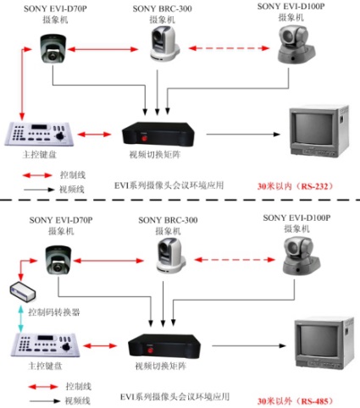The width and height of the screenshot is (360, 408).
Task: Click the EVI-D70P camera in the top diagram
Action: point(53,49)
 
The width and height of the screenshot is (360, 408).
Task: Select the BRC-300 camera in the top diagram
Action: point(164,43)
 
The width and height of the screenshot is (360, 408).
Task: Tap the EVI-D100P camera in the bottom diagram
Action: point(302,256)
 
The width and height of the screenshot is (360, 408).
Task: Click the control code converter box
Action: point(23,291)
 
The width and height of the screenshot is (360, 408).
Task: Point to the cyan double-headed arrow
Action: point(20,318)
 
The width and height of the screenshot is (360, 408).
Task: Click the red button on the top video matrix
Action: point(145,138)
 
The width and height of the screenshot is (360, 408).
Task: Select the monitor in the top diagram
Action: point(319,131)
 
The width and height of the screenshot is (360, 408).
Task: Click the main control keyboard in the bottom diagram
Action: point(45,345)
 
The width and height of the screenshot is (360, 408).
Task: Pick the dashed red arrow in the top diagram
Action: point(229,48)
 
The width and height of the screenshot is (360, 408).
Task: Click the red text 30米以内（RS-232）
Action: point(296,186)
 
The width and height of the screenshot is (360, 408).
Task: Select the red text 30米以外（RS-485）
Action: point(296,401)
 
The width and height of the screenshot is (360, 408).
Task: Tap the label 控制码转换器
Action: point(54,312)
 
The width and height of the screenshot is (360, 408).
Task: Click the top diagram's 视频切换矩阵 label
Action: point(155,155)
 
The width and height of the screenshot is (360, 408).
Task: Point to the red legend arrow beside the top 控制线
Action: point(37,175)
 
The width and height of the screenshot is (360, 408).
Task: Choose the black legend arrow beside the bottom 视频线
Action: point(45,401)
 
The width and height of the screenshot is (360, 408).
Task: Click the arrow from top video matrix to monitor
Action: point(243,135)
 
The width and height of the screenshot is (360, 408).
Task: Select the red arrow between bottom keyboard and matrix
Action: point(100,345)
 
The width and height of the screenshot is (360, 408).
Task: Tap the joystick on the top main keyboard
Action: point(60,135)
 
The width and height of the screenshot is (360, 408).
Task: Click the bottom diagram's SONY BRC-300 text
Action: point(168,220)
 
